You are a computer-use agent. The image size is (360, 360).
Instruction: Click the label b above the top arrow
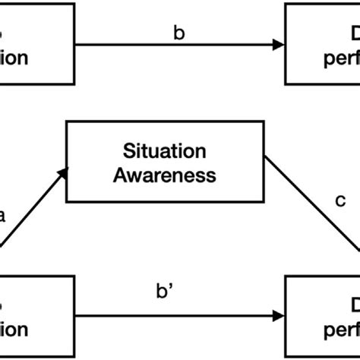tap(179, 32)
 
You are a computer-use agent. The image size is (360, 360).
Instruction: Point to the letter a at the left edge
tap(2, 215)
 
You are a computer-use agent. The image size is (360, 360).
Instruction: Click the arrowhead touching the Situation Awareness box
tap(62, 177)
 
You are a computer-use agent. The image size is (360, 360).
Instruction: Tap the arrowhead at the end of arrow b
tap(278, 45)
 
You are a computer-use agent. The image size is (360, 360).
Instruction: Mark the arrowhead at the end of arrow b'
tap(278, 312)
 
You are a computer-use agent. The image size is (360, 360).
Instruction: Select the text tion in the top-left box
tap(14, 58)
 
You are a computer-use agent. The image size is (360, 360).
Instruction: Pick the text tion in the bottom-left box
tap(14, 329)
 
